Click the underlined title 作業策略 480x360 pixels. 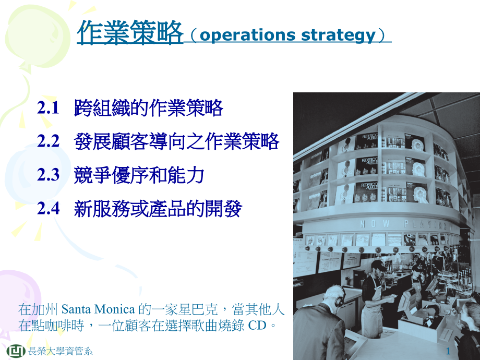point(130,32)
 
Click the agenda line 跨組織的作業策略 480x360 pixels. point(149,109)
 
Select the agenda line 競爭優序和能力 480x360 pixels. point(139,175)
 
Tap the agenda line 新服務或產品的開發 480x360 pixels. point(158,209)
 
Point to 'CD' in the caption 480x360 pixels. point(256,326)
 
